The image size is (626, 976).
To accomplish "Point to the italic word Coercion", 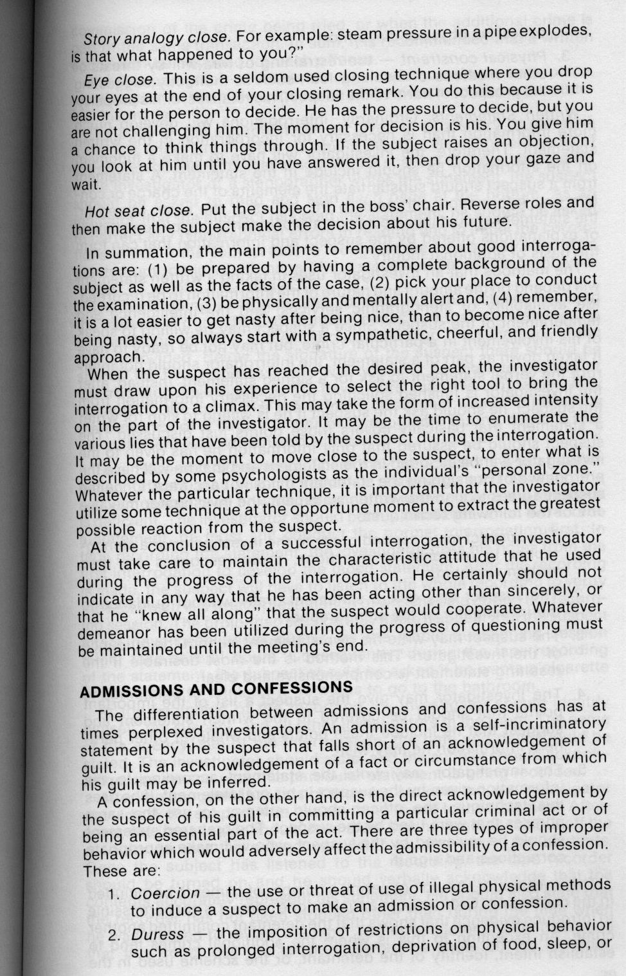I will click(x=166, y=893).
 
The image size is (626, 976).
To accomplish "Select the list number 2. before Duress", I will click(x=114, y=935).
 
